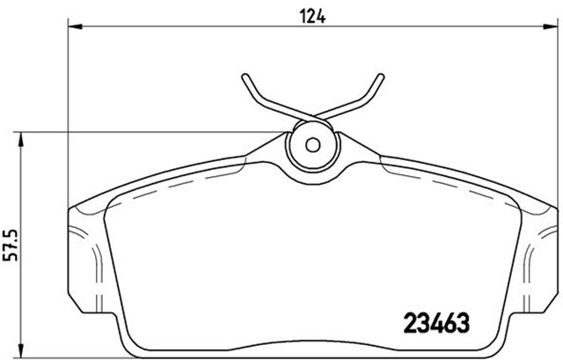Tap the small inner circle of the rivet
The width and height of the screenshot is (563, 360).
311,145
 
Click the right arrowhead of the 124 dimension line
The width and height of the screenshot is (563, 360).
551,26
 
